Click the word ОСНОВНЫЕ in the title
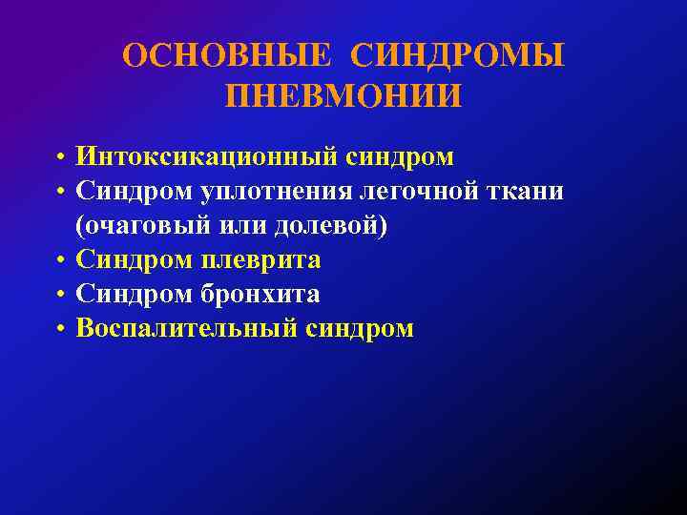point(227,56)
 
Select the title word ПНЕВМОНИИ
point(343,95)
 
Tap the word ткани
point(526,192)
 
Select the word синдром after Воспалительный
point(361,329)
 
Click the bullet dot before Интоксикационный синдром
point(59,157)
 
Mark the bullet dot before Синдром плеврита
point(59,261)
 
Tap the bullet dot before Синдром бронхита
point(59,296)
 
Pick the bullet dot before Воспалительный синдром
point(59,330)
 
